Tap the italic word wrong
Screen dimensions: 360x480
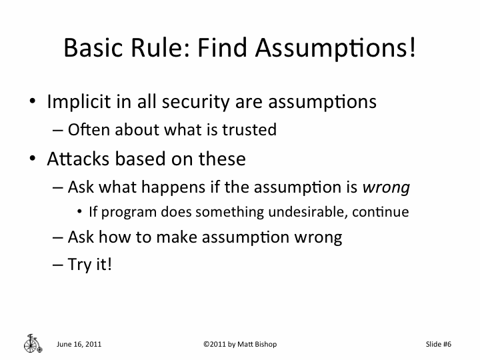pyautogui.click(x=385, y=187)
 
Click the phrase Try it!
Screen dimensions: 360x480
pyautogui.click(x=90, y=264)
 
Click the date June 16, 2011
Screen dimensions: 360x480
pyautogui.click(x=79, y=344)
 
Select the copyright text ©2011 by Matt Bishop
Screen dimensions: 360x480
pyautogui.click(x=239, y=344)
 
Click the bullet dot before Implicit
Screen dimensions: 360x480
pyautogui.click(x=32, y=103)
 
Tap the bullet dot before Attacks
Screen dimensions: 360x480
pyautogui.click(x=32, y=160)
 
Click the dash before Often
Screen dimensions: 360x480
pyautogui.click(x=57, y=131)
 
